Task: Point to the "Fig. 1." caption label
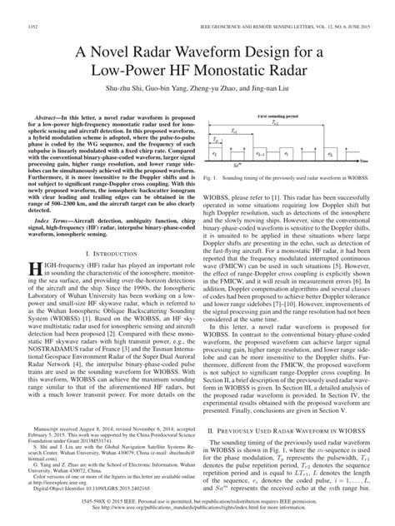click(211, 177)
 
